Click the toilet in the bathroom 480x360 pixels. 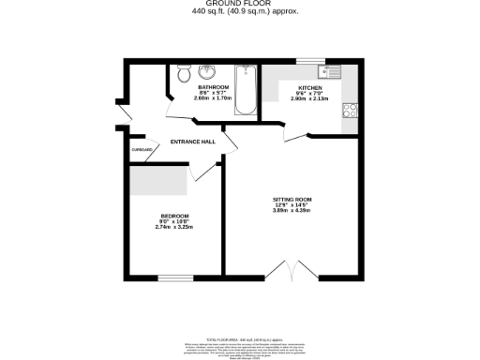[182, 72]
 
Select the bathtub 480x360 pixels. [246, 90]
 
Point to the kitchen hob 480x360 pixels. [352, 109]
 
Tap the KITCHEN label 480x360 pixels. [310, 87]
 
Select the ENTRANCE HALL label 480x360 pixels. [192, 142]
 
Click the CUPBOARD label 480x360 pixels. [142, 149]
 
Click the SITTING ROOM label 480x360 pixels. [291, 198]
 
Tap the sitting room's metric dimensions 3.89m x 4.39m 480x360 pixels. [291, 210]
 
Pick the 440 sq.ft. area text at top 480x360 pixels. [239, 12]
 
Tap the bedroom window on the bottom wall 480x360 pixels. [174, 277]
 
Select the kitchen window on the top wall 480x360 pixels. [309, 61]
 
